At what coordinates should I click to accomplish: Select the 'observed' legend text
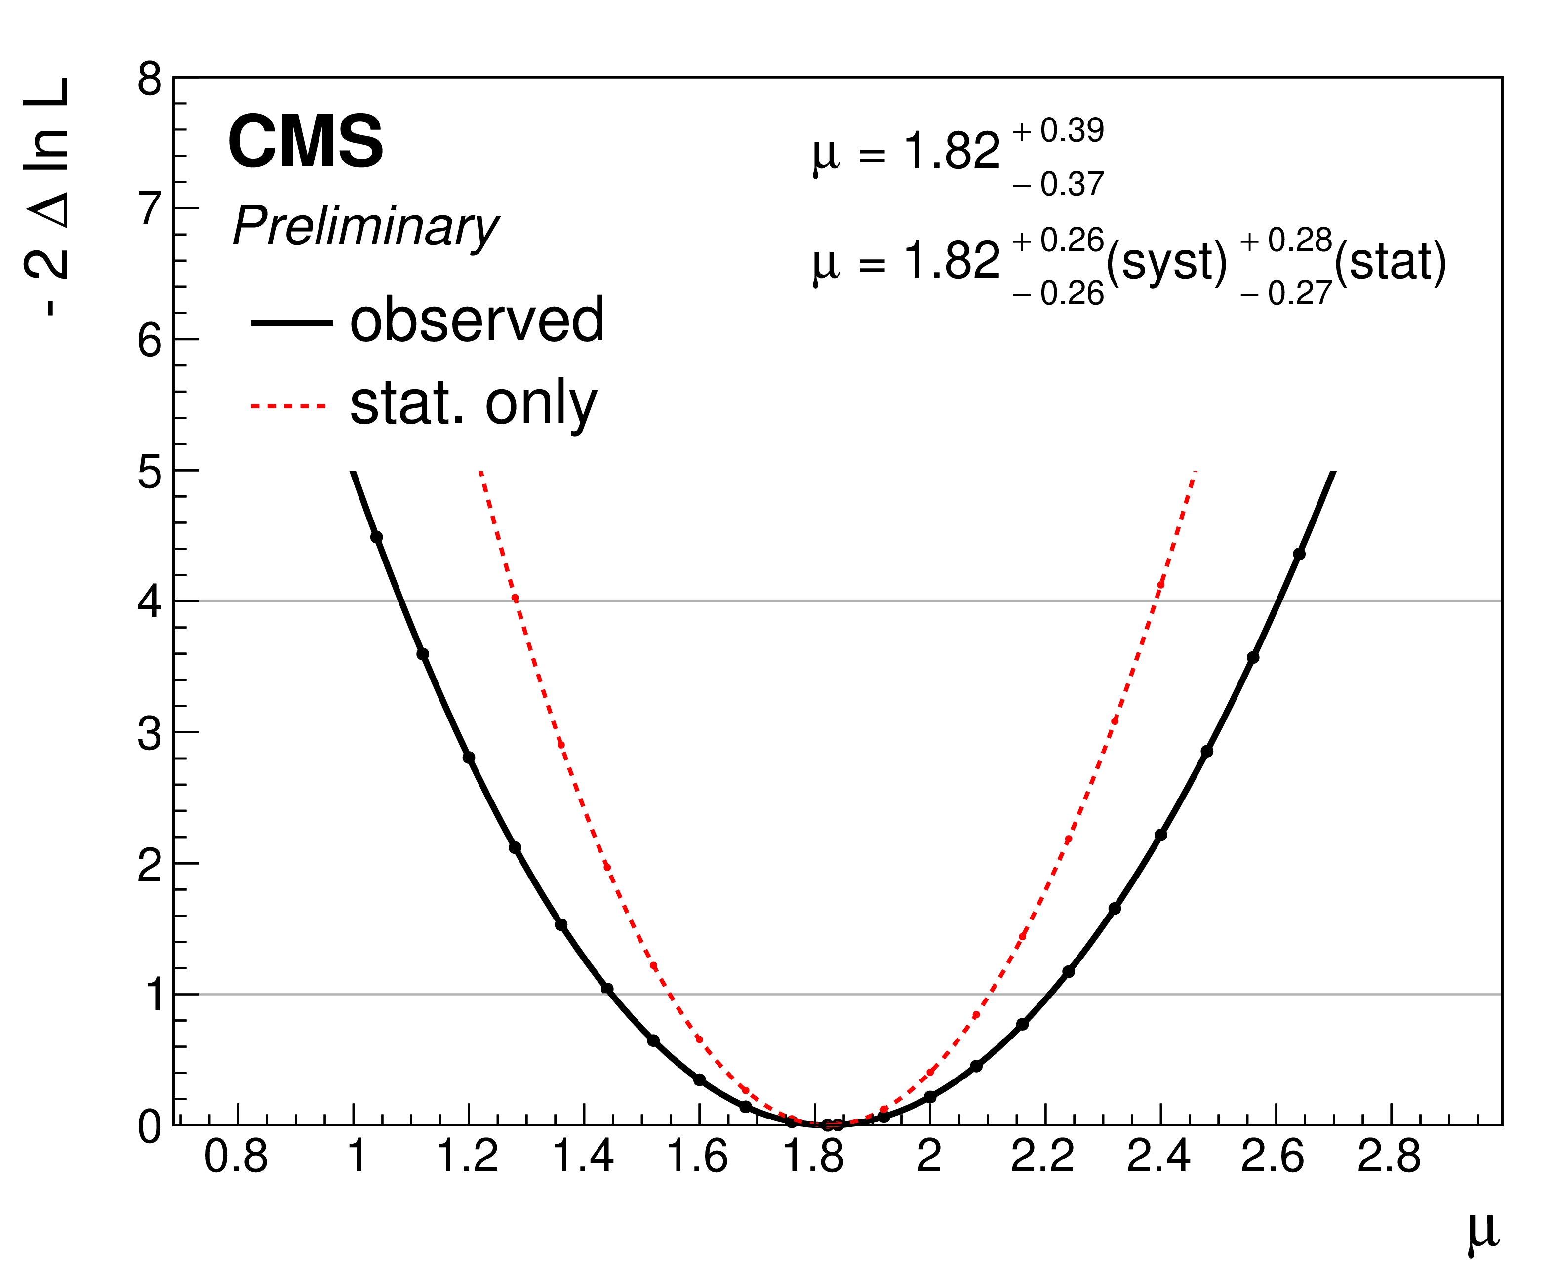[x=477, y=320]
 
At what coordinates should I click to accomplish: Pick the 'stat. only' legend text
[x=473, y=404]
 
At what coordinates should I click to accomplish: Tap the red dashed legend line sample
[x=288, y=406]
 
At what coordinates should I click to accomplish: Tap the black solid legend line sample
[x=291, y=322]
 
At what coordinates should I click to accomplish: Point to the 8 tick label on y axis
[x=150, y=79]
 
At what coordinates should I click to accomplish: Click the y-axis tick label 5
[x=150, y=472]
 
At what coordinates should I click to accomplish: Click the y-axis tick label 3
[x=150, y=734]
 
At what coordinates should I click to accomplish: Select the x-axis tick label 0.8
[x=236, y=1156]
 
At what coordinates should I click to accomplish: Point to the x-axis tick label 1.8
[x=813, y=1156]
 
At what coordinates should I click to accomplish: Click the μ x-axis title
[x=1482, y=1231]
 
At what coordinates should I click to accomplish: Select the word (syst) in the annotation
[x=1167, y=262]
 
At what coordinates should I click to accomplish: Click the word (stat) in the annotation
[x=1390, y=262]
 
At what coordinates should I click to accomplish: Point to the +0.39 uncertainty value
[x=1059, y=131]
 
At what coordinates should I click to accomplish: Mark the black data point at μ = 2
[x=930, y=1096]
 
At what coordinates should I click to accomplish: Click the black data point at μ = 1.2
[x=469, y=758]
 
